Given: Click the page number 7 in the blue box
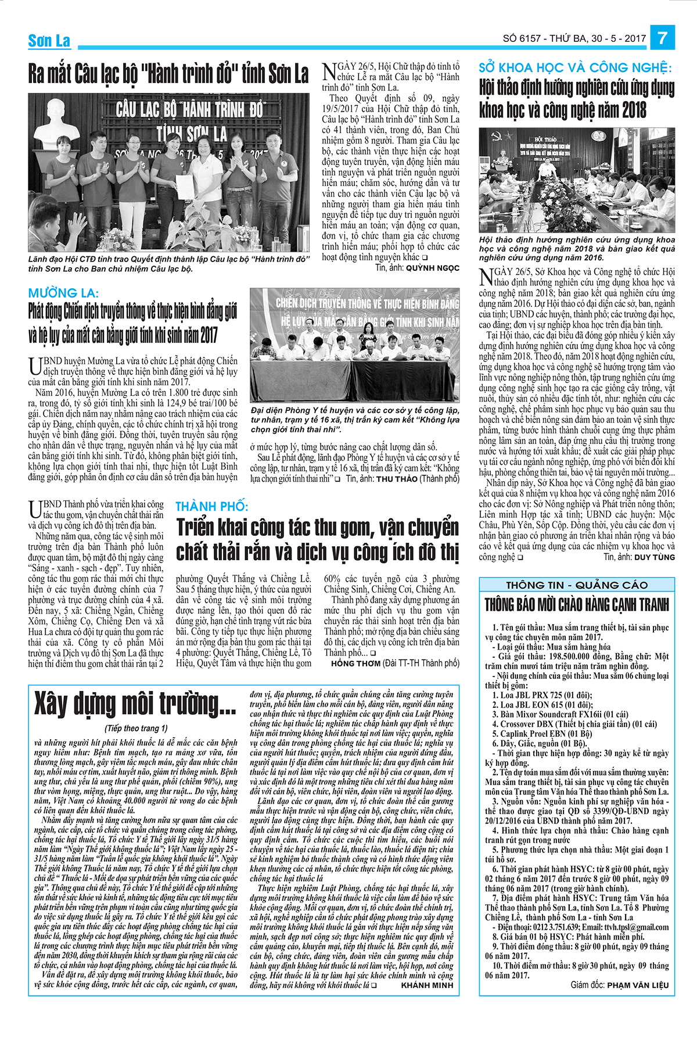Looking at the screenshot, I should [662, 38].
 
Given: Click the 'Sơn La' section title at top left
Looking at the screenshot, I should [49, 41].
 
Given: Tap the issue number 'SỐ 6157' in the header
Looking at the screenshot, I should [521, 39].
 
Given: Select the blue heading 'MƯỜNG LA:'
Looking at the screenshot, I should [63, 293].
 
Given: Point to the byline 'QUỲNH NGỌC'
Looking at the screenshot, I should [432, 268].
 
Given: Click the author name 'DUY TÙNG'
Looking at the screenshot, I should [655, 557].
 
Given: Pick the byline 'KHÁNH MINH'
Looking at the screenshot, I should [427, 985].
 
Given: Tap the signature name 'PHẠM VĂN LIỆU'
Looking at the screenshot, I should [638, 985].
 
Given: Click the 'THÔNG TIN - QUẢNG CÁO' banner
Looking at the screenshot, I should [577, 585].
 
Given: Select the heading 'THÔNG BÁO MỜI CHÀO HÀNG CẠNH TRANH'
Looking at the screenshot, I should [577, 605].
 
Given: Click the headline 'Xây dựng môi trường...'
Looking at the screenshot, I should [135, 704].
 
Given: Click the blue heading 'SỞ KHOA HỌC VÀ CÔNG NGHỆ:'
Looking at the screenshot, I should [575, 68].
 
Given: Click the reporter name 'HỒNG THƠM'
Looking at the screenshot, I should [355, 663].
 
